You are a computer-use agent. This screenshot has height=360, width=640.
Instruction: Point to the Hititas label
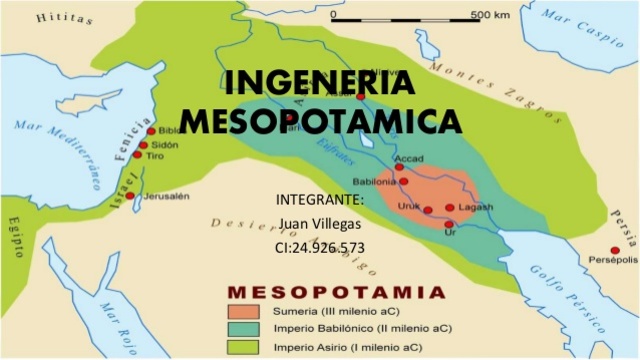(58, 17)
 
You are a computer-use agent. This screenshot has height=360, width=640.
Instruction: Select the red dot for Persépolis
(614, 250)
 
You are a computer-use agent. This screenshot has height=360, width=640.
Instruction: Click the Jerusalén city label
(166, 196)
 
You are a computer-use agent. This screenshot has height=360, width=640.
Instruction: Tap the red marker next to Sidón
(144, 145)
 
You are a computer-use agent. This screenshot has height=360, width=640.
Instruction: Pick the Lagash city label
(476, 207)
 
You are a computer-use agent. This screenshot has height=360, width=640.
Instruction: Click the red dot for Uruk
(427, 210)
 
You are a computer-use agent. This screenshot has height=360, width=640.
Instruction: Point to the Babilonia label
(374, 182)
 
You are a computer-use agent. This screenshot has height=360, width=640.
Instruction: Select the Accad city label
(409, 158)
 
